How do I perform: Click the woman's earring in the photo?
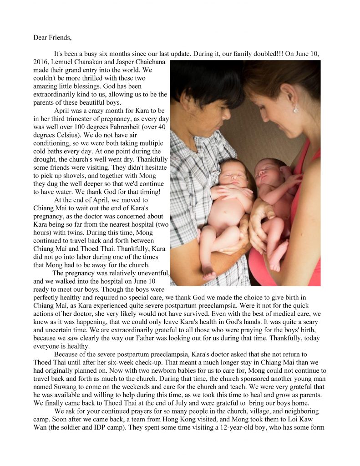[x=295, y=109]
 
